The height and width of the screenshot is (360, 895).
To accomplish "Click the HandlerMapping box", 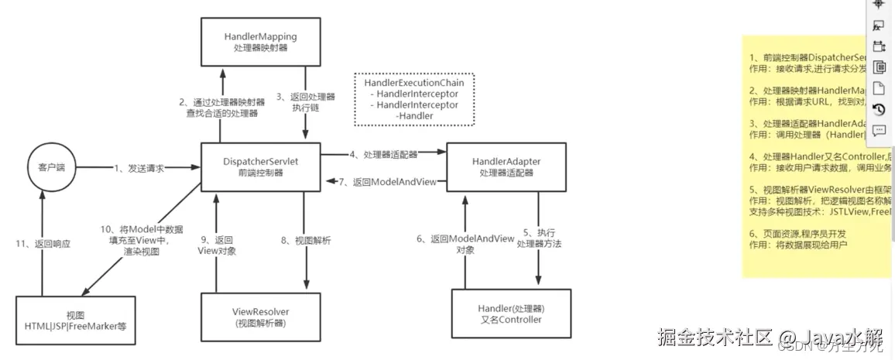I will (x=260, y=42).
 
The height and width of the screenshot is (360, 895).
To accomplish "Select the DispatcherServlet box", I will (x=260, y=166).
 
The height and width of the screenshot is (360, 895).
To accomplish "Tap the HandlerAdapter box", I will (x=506, y=166).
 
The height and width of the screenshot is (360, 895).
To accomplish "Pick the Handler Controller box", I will (x=509, y=314).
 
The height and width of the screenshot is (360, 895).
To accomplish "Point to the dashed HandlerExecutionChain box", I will (x=414, y=99).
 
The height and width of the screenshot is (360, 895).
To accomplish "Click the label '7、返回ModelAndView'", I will (x=387, y=182).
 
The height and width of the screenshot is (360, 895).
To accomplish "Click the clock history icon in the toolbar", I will (x=879, y=109).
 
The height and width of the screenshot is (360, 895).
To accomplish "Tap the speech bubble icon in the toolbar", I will (x=879, y=130).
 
